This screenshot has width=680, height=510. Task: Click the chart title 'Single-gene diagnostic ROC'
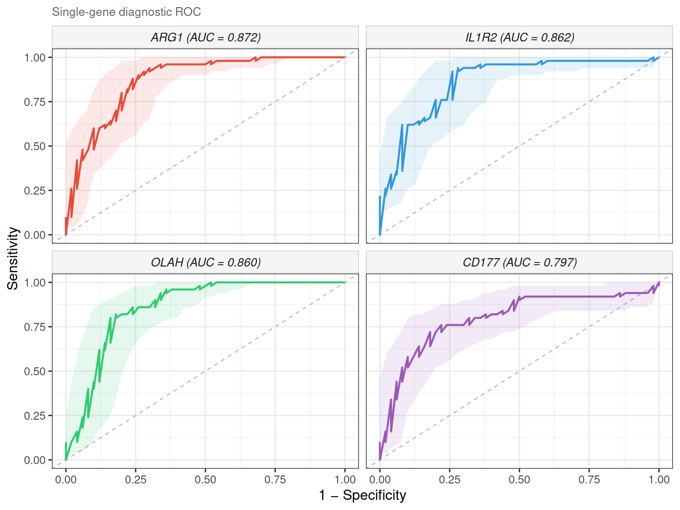[x=126, y=12]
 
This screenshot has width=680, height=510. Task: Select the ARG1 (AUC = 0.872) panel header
[x=205, y=37]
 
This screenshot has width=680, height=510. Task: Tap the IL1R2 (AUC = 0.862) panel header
[x=519, y=37]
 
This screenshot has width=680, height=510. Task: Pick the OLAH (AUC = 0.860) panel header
[x=205, y=263]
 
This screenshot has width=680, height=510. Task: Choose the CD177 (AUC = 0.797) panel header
[x=519, y=263]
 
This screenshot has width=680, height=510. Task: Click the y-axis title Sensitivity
[x=13, y=259]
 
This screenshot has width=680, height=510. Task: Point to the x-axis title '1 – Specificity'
[x=362, y=495]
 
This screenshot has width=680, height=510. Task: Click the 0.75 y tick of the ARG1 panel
[x=35, y=102]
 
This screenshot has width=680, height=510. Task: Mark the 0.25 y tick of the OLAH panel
[x=35, y=416]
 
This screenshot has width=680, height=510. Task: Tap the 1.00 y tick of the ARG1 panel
[x=35, y=58]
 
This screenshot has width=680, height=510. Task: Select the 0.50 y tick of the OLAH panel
[x=35, y=371]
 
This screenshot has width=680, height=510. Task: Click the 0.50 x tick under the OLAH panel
[x=205, y=479]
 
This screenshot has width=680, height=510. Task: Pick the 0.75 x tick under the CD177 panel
[x=589, y=479]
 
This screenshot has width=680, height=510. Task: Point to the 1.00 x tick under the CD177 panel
[x=659, y=479]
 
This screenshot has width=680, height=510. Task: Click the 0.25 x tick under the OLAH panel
[x=135, y=479]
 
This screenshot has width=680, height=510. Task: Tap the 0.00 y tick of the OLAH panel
[x=35, y=460]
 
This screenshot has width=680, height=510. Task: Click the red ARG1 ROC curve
[x=186, y=65]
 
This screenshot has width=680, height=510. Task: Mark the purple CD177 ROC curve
[x=567, y=297]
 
